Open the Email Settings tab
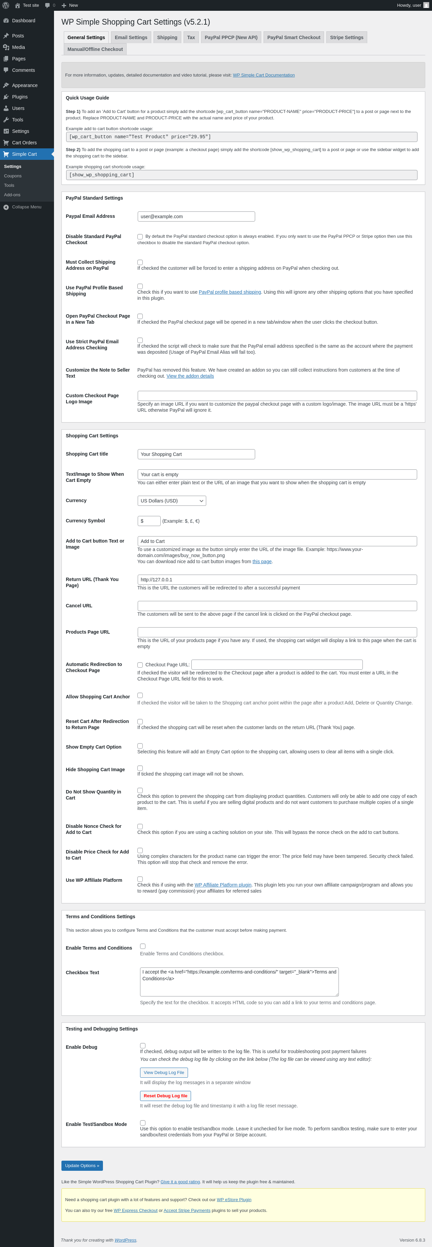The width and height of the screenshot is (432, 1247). click(131, 37)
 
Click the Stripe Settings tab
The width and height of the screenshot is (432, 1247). click(346, 37)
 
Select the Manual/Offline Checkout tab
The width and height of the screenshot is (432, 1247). click(95, 49)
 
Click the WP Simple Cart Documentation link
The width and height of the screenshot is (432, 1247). click(264, 75)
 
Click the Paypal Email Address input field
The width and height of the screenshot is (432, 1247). click(196, 216)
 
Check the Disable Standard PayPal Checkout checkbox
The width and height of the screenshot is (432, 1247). click(140, 237)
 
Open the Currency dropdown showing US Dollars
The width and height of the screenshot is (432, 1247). click(171, 500)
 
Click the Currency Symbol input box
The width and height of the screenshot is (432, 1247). click(149, 521)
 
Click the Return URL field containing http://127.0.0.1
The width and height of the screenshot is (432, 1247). click(277, 579)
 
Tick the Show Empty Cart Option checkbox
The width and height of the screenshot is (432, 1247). click(140, 746)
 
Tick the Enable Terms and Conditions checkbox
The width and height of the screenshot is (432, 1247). click(143, 946)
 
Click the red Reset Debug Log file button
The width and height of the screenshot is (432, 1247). click(165, 1096)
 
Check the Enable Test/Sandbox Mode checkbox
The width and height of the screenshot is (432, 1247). click(143, 1123)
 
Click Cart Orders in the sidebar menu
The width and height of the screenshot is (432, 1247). click(24, 143)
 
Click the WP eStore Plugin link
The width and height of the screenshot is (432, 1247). click(234, 1199)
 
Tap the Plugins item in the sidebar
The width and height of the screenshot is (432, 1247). click(20, 97)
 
